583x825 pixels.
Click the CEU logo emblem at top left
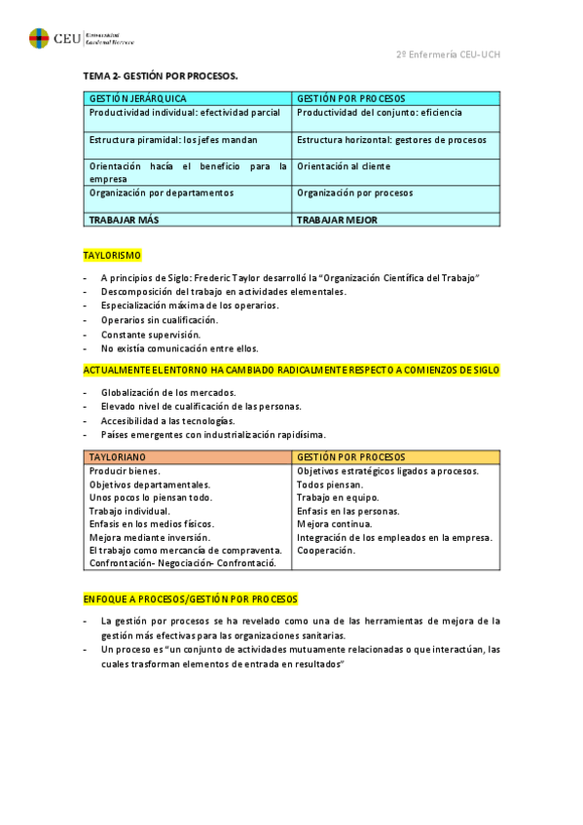(39, 39)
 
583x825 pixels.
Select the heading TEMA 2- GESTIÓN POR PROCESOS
(161, 76)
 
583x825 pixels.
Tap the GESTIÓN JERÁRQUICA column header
(137, 98)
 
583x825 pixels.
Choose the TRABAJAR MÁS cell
(124, 220)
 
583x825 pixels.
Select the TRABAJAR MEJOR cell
(337, 220)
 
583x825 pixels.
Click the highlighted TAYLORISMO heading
(112, 255)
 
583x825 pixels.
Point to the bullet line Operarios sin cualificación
(160, 320)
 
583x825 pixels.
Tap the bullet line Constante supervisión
(151, 334)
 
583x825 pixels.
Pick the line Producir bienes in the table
(125, 471)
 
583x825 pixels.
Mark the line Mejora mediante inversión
(149, 537)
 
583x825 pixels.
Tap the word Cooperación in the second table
(326, 550)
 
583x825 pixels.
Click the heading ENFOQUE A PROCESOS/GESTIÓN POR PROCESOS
(190, 598)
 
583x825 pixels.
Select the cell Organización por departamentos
(162, 193)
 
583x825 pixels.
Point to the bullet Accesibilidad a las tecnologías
(167, 420)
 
